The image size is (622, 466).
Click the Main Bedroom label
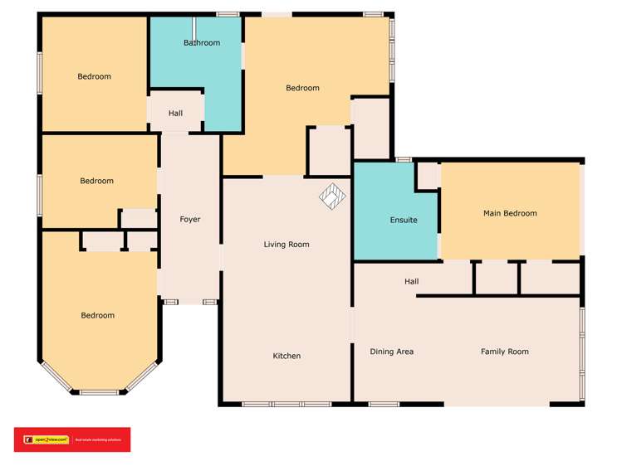pos(510,213)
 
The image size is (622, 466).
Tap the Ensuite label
pos(404,220)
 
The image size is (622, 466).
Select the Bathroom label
pos(202,42)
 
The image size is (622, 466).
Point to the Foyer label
pos(190,219)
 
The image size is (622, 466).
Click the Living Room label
pos(287,244)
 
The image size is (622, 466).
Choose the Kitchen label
pos(287,356)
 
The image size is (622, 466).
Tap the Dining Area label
pos(391,352)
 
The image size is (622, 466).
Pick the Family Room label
pos(504,352)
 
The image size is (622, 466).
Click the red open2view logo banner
pos(71,439)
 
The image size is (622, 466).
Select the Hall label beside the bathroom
pos(175,113)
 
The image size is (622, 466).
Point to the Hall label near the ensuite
pos(411,282)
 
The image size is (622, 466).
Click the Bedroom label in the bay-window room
pos(98,315)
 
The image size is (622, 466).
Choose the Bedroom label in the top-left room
pos(94,76)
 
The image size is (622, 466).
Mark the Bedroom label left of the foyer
pos(96,181)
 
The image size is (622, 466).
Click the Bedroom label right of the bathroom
pos(302,88)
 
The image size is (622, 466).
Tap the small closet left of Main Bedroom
pos(428,176)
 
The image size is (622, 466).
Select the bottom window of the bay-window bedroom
pos(99,391)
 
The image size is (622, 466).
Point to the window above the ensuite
pos(404,159)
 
